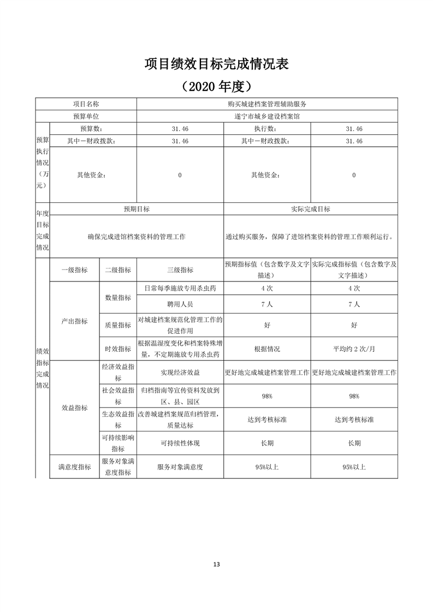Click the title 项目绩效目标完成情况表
click(x=216, y=64)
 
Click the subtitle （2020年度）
click(x=216, y=86)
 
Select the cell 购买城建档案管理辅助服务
click(x=267, y=104)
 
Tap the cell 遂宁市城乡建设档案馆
click(x=267, y=116)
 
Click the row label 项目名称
click(x=86, y=104)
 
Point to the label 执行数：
click(x=266, y=129)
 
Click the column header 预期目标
click(x=137, y=209)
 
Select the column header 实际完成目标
click(x=311, y=209)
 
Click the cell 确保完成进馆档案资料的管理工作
click(x=137, y=237)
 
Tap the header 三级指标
click(x=180, y=269)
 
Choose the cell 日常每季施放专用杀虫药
click(x=180, y=288)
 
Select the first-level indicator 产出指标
click(x=74, y=321)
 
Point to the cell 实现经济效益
click(x=180, y=373)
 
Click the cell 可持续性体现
click(x=180, y=443)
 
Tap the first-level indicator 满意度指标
click(x=74, y=467)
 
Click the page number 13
click(x=216, y=564)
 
